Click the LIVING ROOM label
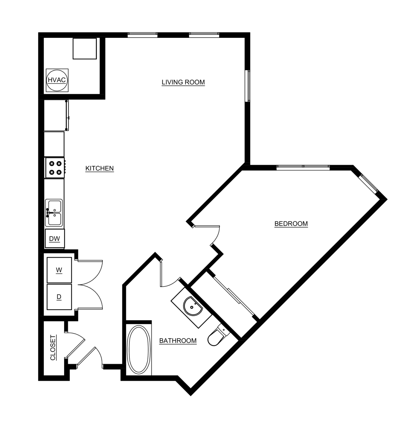(183, 82)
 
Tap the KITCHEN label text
(99, 168)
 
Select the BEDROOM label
(291, 224)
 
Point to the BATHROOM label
(178, 341)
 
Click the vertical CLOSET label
(53, 347)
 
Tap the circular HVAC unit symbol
(57, 80)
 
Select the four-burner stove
(55, 168)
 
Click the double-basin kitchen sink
(54, 213)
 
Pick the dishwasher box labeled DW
(55, 239)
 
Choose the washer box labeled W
(59, 270)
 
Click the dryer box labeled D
(59, 297)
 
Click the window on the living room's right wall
(247, 86)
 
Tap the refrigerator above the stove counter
(55, 115)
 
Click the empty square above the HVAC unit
(85, 49)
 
